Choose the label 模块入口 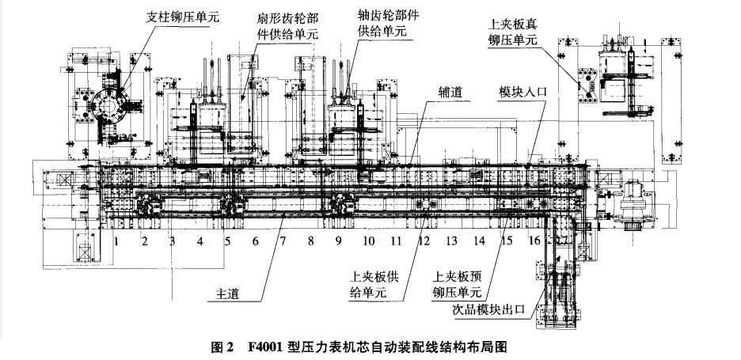(519, 93)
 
